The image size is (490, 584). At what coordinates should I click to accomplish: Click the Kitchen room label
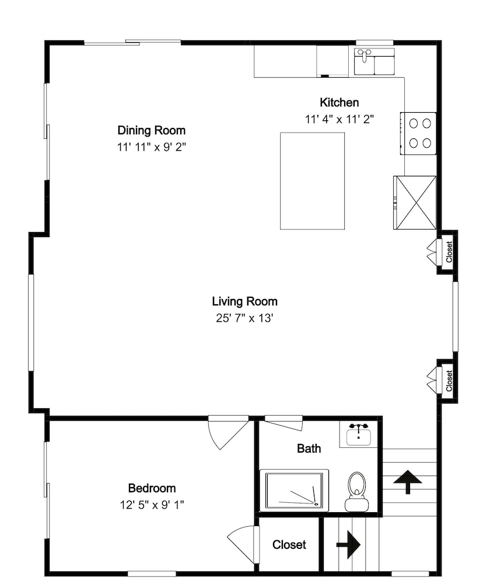339,102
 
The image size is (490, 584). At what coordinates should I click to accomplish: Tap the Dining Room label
152,130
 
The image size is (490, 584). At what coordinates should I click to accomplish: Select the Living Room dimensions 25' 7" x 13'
244,318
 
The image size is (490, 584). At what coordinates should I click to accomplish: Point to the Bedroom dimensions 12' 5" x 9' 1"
152,505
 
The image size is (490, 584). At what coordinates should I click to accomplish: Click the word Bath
309,449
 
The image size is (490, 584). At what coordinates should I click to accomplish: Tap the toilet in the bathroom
357,492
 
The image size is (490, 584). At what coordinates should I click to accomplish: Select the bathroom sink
358,434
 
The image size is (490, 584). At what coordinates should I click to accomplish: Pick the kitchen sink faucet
363,54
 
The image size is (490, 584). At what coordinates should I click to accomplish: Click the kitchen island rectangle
312,181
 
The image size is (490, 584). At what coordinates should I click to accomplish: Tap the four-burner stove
418,133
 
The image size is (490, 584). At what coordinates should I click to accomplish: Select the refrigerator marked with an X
415,203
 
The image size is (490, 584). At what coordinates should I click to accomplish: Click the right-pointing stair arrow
348,544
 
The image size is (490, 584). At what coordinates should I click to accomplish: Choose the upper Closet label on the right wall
449,252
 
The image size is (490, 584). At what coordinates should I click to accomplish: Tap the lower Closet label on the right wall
449,381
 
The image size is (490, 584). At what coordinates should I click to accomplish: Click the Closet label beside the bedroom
289,544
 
